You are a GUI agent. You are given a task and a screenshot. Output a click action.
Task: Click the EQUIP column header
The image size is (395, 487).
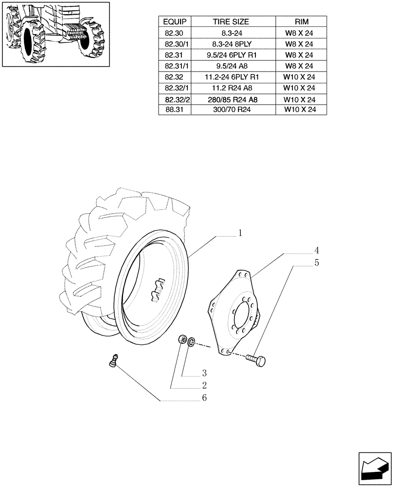(x=175, y=22)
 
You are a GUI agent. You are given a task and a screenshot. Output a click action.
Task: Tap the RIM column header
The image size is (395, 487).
(x=301, y=22)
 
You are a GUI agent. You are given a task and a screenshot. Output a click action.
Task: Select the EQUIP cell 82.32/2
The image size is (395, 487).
(x=175, y=99)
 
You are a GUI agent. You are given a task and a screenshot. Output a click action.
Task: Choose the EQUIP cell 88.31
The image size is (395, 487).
(x=175, y=110)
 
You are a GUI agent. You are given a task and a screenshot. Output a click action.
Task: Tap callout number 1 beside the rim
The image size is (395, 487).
(x=240, y=233)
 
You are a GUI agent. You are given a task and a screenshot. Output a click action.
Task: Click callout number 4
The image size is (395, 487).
(x=316, y=251)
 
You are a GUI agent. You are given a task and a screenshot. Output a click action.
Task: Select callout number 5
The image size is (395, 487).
(x=316, y=263)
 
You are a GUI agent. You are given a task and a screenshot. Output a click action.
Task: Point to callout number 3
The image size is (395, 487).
(x=204, y=374)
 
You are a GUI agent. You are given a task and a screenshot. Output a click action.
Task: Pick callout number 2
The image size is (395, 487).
(x=204, y=385)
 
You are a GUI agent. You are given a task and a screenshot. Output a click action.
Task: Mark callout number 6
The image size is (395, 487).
(x=204, y=398)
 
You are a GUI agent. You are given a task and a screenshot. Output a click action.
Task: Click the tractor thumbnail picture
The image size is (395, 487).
(x=55, y=34)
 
